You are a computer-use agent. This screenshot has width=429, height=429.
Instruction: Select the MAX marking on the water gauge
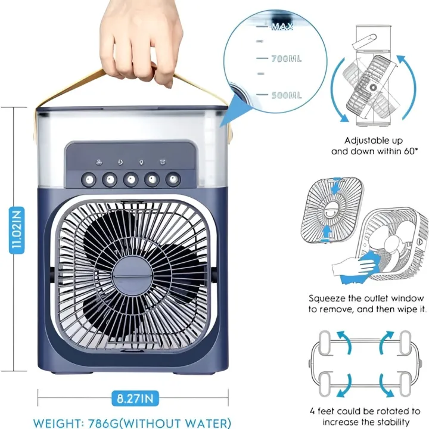[281, 27]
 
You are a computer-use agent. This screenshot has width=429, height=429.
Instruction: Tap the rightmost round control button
[173, 178]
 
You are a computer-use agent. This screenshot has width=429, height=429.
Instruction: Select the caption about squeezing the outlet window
[366, 303]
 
